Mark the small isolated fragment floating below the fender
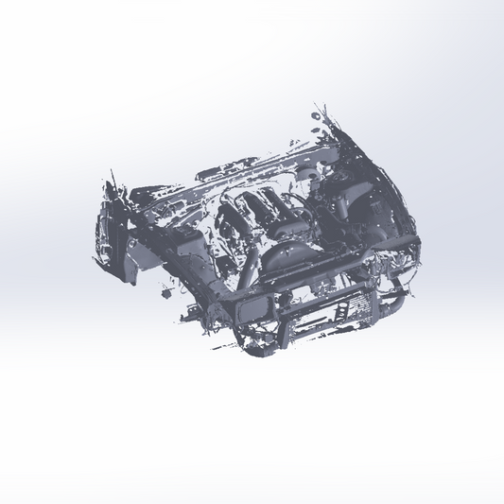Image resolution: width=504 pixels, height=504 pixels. click(x=166, y=294)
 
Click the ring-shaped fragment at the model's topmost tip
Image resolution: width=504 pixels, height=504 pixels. click(x=315, y=116)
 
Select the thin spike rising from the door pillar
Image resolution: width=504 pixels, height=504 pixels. click(x=114, y=180)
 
